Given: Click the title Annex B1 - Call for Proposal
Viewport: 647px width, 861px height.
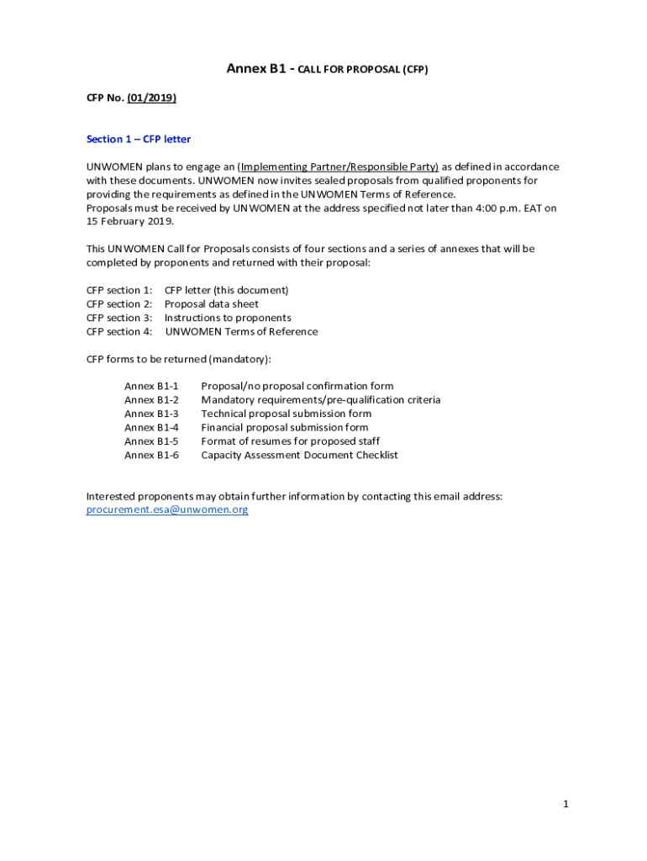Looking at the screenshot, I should [x=327, y=70].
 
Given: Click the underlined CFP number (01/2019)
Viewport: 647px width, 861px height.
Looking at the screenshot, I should [x=151, y=98].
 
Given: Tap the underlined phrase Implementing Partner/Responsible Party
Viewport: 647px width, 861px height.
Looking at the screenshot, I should [x=339, y=167].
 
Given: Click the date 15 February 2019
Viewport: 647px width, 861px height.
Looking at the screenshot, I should [x=129, y=222].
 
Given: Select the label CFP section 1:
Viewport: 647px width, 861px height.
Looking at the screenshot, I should [x=119, y=290].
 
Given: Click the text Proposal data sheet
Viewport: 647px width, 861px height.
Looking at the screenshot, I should [x=211, y=304].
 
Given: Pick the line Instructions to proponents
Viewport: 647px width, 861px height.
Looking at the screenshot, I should [x=228, y=318].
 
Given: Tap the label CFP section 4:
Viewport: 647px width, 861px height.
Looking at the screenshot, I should [x=119, y=331].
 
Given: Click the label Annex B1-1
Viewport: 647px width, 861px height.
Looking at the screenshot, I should [x=151, y=387].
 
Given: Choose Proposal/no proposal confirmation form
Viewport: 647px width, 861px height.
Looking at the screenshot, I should [x=297, y=387].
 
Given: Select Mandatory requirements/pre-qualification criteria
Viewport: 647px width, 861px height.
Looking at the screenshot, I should [x=320, y=400].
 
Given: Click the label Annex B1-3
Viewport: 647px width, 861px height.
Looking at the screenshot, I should [x=151, y=414].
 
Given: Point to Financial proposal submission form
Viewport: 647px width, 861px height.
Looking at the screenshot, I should [x=284, y=427].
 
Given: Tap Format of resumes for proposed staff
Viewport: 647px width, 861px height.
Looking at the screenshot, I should [x=290, y=441].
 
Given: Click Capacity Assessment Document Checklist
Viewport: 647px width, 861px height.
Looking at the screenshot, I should [x=299, y=455].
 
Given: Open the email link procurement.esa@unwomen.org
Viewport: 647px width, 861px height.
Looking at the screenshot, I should [x=167, y=510].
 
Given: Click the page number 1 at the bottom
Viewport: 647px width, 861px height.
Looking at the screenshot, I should [x=566, y=805].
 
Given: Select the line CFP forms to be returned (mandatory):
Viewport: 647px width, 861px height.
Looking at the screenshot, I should [x=179, y=359].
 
